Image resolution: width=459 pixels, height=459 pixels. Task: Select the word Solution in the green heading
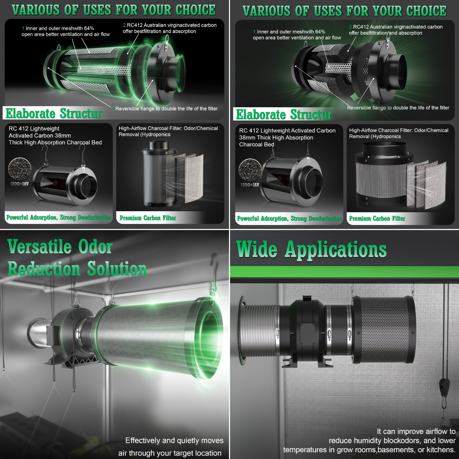pyautogui.click(x=117, y=269)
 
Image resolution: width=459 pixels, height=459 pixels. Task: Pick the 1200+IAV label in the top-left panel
pyautogui.click(x=19, y=184)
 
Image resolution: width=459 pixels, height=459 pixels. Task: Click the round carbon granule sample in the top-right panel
pyautogui.click(x=250, y=170)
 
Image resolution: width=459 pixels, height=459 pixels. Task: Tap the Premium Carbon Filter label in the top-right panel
pyautogui.click(x=377, y=219)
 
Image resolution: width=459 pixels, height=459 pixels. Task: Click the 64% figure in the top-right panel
pyautogui.click(x=320, y=32)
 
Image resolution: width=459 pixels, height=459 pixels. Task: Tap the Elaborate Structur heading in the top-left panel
pyautogui.click(x=53, y=113)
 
